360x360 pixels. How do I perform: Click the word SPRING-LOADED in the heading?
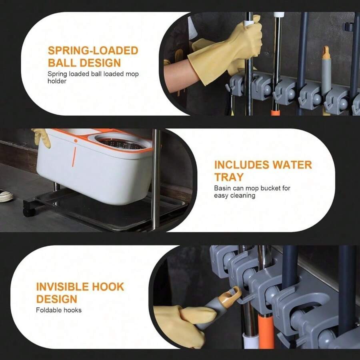coord(93,51)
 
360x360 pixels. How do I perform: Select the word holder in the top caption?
coord(57,81)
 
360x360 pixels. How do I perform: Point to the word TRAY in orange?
coord(229,177)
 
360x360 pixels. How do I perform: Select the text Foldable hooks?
coord(58,310)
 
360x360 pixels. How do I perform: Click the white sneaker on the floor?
coord(6,196)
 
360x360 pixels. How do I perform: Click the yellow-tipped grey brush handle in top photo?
coord(326,76)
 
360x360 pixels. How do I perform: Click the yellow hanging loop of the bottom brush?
coord(231,296)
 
